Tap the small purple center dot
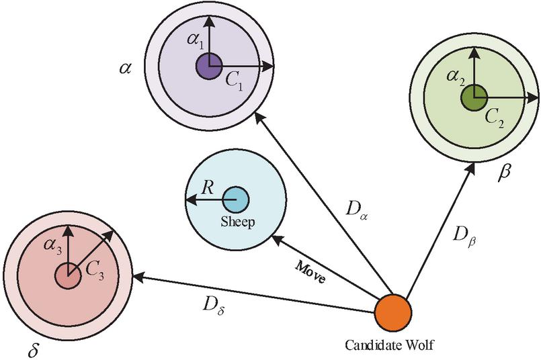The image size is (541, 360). tap(209, 66)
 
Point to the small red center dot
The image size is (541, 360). tap(68, 275)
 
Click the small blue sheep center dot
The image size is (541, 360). tap(235, 200)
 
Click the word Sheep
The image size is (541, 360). tap(237, 222)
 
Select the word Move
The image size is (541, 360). tap(311, 271)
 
